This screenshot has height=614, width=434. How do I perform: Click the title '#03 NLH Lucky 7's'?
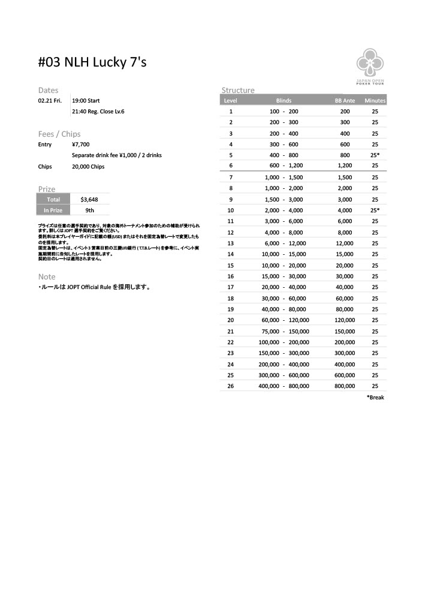(x=92, y=62)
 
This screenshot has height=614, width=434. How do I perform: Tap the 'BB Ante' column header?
(x=345, y=101)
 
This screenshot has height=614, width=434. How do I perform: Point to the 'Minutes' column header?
(x=375, y=101)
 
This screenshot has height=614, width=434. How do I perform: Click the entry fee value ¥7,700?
(x=81, y=145)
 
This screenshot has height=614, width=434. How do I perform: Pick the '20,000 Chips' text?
(x=88, y=166)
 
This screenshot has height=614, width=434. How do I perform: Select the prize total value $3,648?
(x=89, y=199)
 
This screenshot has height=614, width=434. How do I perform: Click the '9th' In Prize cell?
(x=89, y=210)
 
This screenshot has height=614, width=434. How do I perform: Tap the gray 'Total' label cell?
(x=53, y=199)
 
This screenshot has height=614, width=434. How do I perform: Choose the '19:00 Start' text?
(x=86, y=101)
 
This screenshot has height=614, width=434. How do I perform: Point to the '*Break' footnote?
(x=375, y=398)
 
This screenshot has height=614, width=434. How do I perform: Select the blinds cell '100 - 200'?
(x=284, y=112)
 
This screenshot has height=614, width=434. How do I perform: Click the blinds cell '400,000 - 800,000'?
(x=284, y=386)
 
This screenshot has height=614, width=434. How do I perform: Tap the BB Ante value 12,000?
(x=345, y=243)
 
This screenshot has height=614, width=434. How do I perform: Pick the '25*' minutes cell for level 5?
(x=375, y=155)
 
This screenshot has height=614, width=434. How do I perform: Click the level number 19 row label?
(x=231, y=309)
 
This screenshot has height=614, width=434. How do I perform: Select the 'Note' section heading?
(x=46, y=277)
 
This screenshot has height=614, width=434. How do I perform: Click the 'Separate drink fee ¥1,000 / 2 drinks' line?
(x=116, y=155)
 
